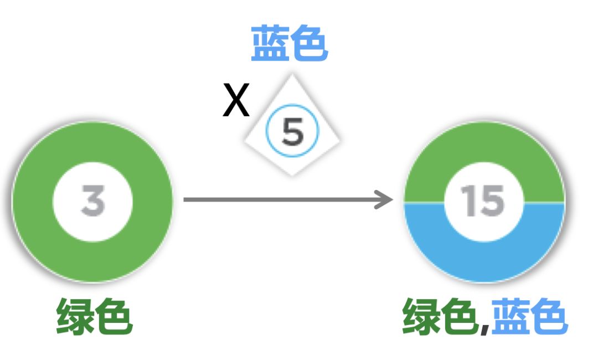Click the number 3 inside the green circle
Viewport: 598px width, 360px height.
click(92, 200)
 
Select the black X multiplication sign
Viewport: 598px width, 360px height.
click(236, 101)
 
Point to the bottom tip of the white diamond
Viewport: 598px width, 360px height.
click(292, 174)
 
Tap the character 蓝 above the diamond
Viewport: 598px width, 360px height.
click(270, 44)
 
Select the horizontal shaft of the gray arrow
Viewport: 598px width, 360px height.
click(277, 199)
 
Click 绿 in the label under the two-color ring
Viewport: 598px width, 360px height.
click(421, 317)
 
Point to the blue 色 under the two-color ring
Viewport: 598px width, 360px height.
click(548, 317)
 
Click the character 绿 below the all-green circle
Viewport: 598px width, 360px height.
click(75, 317)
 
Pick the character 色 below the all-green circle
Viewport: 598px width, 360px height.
click(114, 317)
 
